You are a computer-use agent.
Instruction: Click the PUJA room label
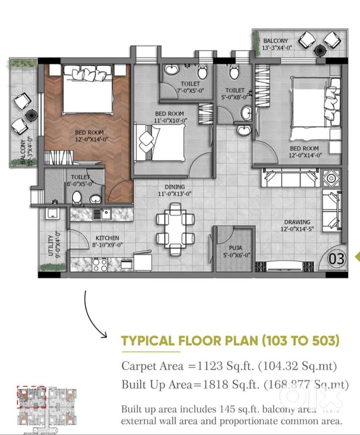tap(236, 248)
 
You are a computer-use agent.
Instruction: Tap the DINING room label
tap(175, 187)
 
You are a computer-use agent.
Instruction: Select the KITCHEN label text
tap(107, 238)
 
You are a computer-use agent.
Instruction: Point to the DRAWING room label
tap(297, 222)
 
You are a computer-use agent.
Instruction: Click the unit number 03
tap(336, 258)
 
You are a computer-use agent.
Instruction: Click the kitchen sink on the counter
tap(101, 214)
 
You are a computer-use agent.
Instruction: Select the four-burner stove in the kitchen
tap(100, 264)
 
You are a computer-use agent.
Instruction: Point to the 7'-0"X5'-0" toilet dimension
tap(190, 90)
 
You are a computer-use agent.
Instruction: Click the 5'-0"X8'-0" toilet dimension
tap(235, 97)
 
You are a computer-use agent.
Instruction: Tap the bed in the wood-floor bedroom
tap(88, 89)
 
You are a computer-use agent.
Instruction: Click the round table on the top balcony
tap(320, 50)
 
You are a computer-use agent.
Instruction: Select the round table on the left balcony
tap(32, 114)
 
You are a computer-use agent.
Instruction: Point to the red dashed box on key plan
tap(31, 397)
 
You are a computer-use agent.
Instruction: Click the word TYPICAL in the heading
tap(148, 341)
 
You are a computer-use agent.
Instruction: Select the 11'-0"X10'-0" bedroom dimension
tap(171, 120)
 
